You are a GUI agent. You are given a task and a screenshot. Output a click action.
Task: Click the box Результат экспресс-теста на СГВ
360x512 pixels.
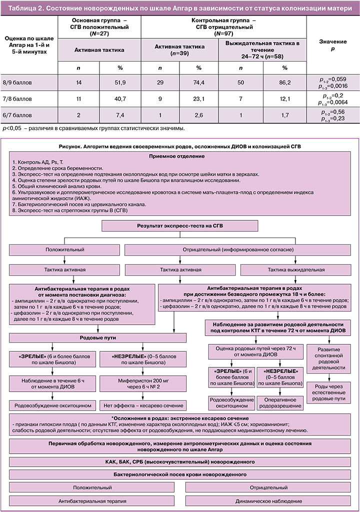tap(180, 226)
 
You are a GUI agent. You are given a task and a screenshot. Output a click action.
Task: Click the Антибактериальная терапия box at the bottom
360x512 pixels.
tap(91, 500)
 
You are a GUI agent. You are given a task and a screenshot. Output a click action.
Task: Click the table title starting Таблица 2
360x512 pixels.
tap(179, 7)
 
